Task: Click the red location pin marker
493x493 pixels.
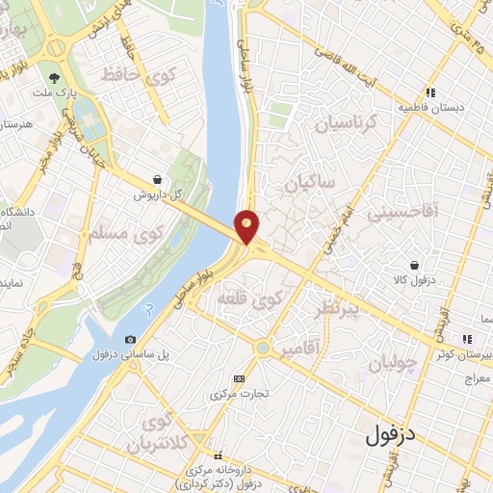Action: click(x=247, y=226)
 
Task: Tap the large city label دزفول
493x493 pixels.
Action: click(x=390, y=434)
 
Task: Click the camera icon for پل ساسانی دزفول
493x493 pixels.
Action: click(x=130, y=339)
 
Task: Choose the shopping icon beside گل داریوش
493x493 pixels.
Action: click(x=158, y=179)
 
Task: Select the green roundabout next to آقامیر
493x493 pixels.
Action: click(x=263, y=348)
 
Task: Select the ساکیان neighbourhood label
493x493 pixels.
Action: click(x=307, y=180)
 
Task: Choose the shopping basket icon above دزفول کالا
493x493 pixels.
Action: click(x=414, y=265)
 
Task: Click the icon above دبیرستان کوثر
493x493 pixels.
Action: click(x=468, y=339)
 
